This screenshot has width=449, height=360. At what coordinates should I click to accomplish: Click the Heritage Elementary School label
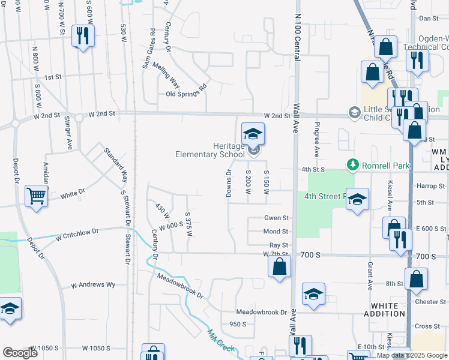coord(210,150)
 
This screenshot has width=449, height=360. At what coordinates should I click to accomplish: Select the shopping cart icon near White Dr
coord(37,196)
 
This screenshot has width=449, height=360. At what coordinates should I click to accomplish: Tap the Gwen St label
coord(276,218)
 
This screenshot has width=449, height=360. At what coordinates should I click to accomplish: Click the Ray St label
coord(279,245)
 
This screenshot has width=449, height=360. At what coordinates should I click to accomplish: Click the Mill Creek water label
coord(220,342)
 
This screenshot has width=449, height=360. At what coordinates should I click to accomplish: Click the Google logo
coord(20,353)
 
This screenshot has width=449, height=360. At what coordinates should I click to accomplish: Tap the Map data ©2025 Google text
coord(411,355)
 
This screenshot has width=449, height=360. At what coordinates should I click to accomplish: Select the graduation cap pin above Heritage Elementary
coord(253,133)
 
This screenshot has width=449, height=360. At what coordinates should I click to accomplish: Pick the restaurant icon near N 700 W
coord(82,35)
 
